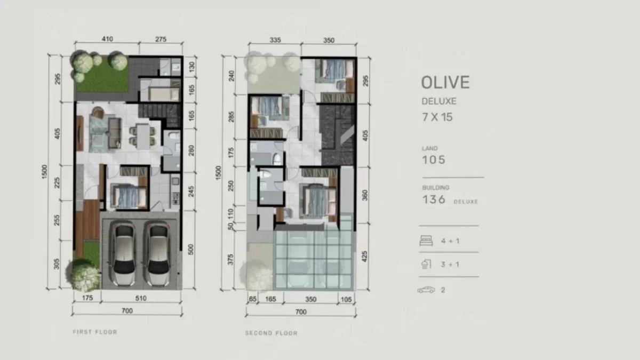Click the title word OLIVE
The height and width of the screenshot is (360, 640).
point(445,82)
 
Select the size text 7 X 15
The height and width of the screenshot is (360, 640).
point(437,117)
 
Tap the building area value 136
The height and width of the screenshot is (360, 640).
point(434,199)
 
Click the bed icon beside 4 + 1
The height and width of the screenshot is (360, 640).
point(426,241)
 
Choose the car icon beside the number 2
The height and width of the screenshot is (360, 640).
point(426,290)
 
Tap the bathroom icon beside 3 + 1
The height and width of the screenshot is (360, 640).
point(426,265)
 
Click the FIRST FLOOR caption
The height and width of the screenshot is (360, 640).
point(94,332)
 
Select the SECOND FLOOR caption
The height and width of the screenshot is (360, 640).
point(271,333)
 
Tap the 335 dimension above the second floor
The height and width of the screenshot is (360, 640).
point(276,39)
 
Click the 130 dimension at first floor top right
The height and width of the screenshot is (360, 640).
point(191,66)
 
